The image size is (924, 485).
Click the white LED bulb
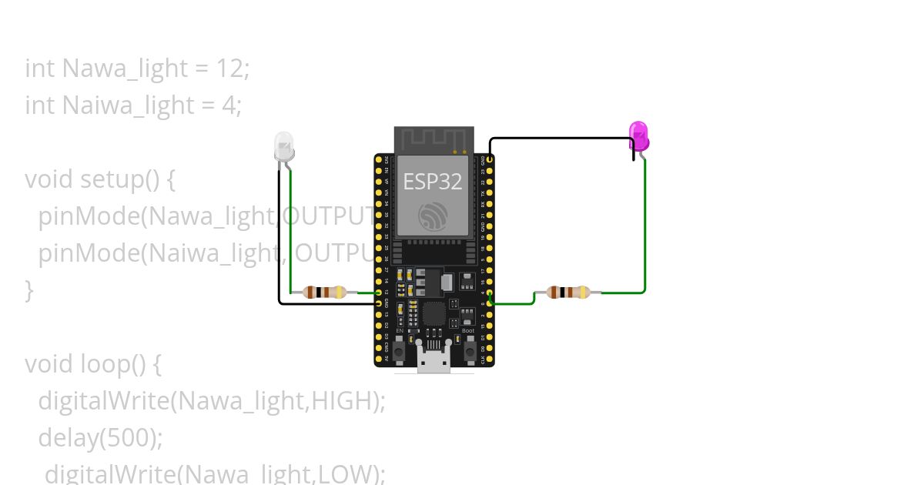point(284,145)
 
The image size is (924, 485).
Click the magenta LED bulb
point(638,135)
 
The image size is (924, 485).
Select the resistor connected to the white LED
point(325,292)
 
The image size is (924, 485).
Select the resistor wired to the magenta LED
point(567,292)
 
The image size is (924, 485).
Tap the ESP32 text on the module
point(432,182)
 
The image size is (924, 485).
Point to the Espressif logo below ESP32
point(433,216)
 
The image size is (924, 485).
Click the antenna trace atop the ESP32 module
point(434,140)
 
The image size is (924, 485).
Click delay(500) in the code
point(100,437)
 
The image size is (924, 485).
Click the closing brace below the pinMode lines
point(29,290)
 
